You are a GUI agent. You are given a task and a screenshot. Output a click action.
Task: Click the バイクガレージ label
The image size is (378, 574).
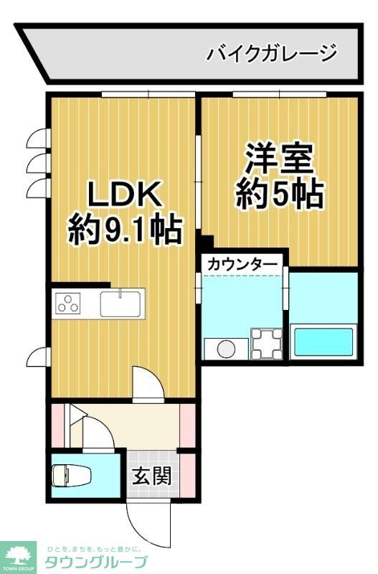271,53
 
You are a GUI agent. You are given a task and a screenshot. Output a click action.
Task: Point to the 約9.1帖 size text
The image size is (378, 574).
125,231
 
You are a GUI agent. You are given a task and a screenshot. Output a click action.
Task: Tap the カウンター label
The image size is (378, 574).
242,265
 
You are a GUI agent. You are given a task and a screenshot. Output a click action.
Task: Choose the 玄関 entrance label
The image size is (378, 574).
151,475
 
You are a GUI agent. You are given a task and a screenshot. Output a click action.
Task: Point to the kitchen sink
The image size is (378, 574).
122,304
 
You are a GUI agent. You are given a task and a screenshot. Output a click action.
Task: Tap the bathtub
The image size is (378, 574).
323,342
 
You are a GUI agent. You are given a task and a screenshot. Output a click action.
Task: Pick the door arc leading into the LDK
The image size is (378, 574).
148,383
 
